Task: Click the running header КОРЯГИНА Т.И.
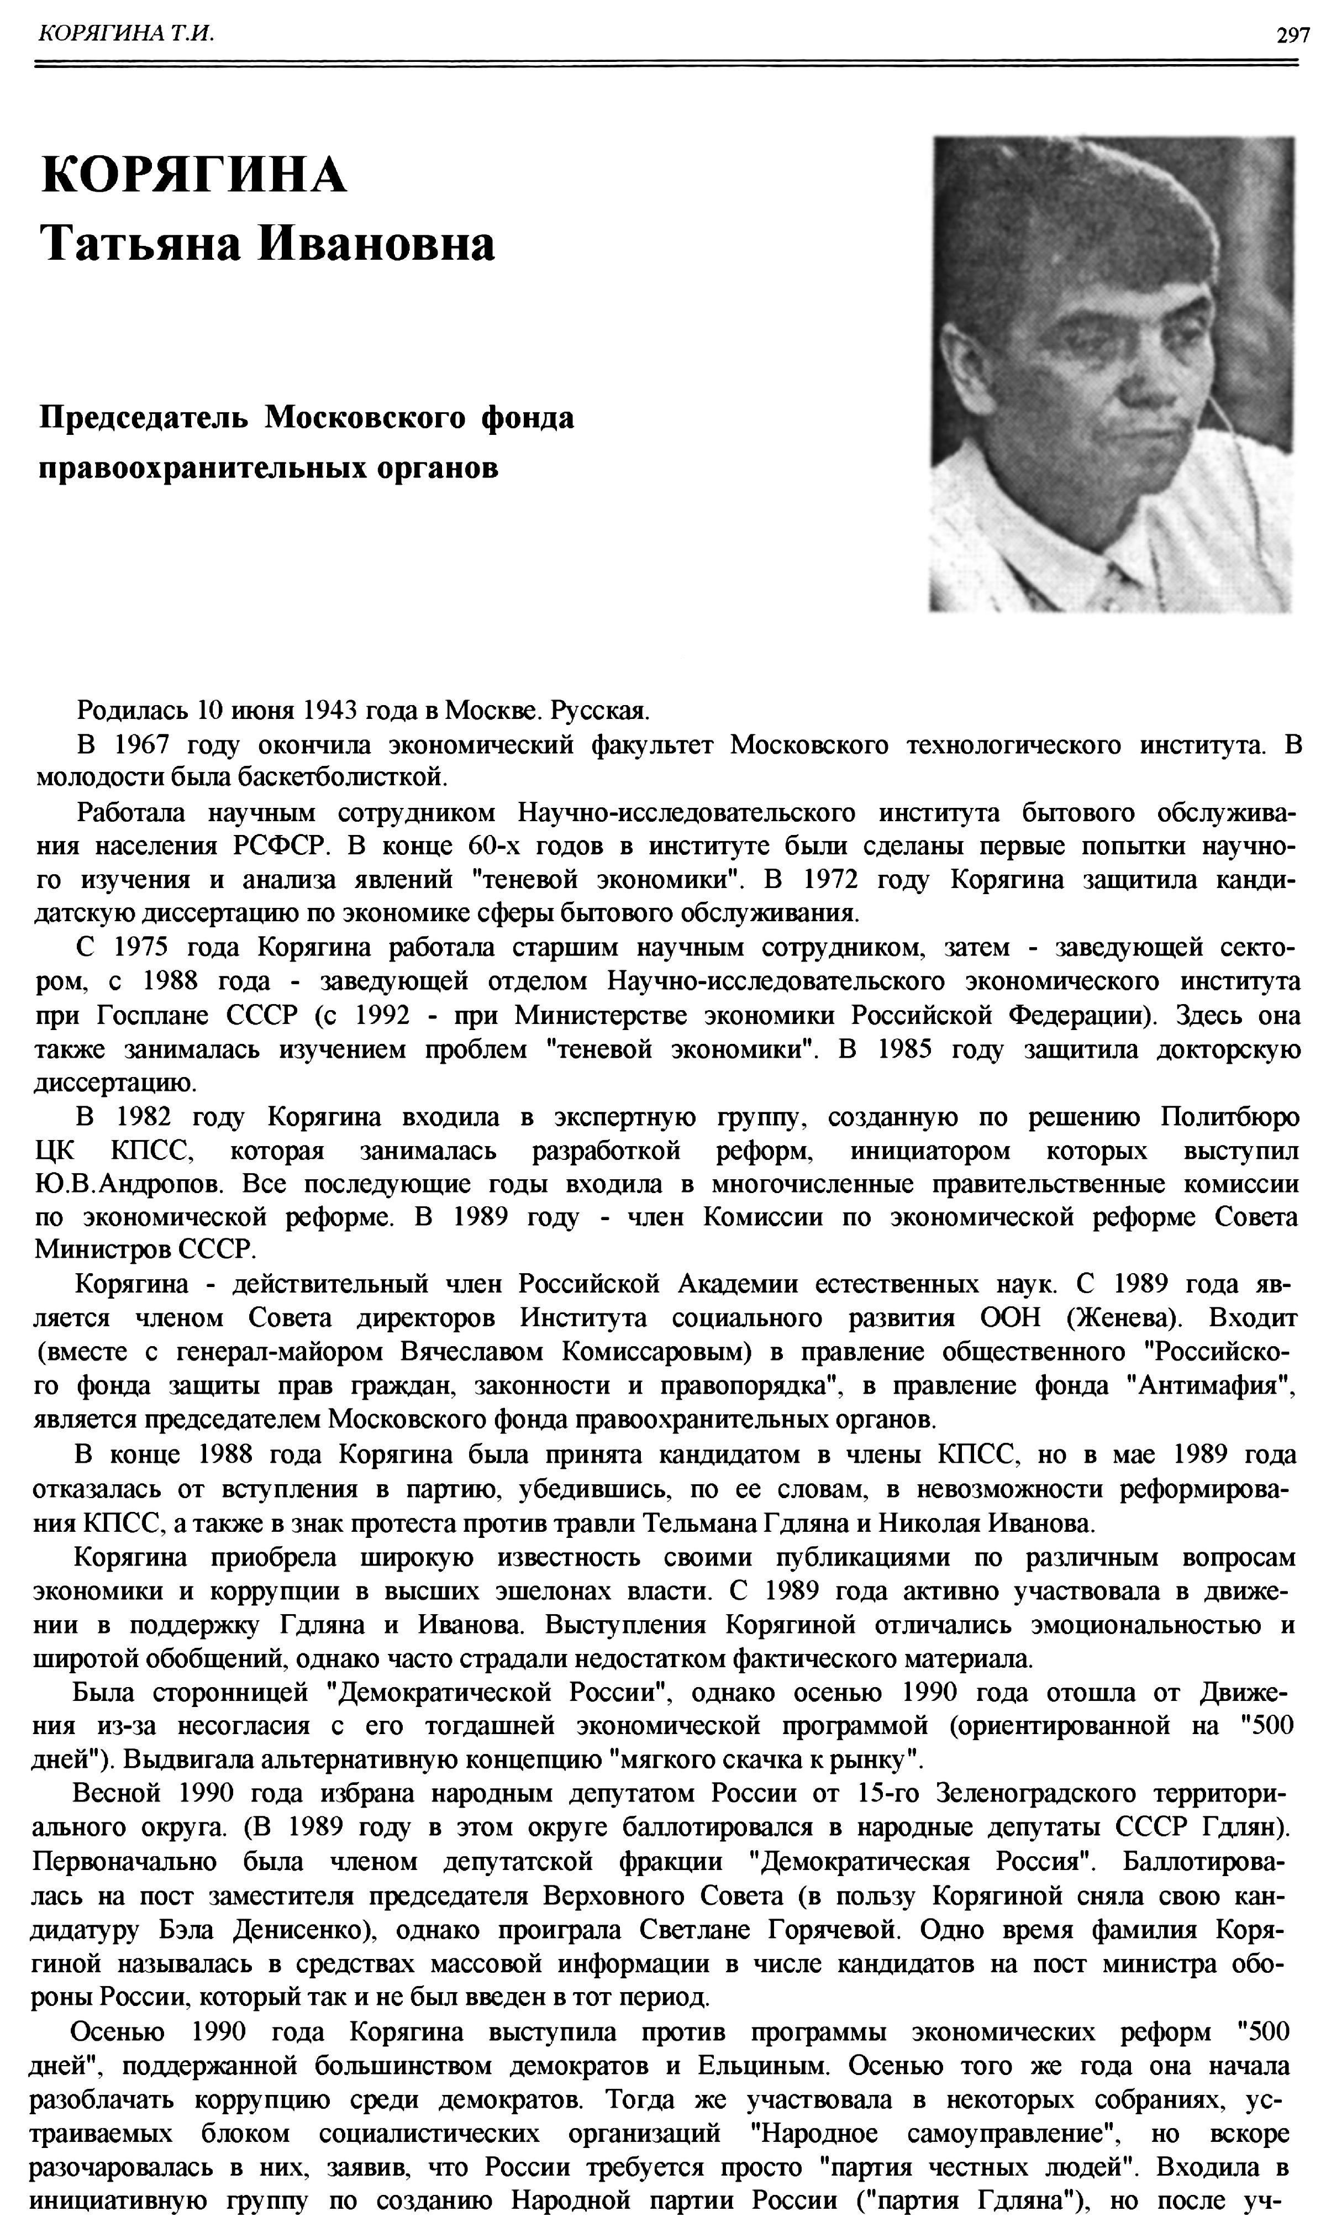pyautogui.click(x=124, y=34)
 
